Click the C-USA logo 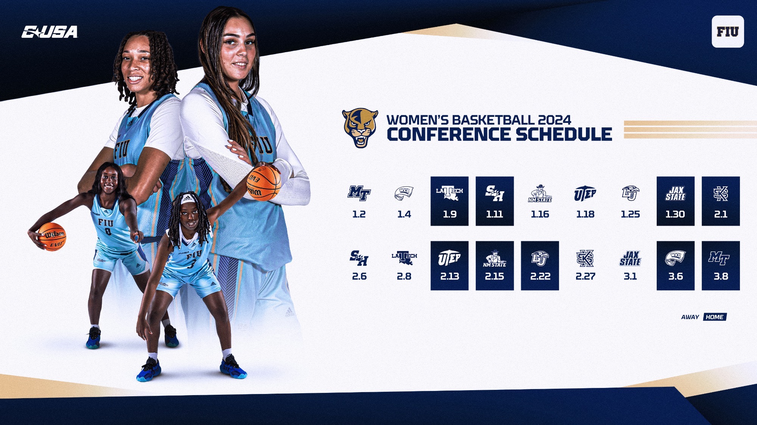(50, 32)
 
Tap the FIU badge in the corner (727, 32)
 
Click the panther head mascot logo (360, 128)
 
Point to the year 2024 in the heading (555, 120)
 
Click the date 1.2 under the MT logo (359, 214)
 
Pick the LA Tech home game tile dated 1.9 (449, 201)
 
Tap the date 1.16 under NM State (540, 214)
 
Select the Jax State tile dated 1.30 (675, 201)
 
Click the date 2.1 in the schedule (721, 214)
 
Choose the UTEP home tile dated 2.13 (449, 266)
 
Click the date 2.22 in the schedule (540, 276)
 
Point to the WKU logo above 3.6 (676, 259)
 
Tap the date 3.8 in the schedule (721, 276)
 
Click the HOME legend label (715, 317)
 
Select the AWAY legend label (690, 317)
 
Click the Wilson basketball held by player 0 (52, 237)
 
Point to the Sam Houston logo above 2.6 (359, 258)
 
